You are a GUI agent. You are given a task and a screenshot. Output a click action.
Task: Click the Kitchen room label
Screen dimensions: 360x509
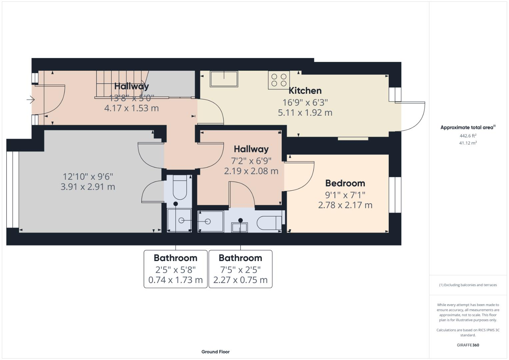coord(305,91)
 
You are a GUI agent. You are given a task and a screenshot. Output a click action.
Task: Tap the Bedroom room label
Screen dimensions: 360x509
coord(345,183)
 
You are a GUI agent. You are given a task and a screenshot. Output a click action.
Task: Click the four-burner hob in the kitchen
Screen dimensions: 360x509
coord(279,80)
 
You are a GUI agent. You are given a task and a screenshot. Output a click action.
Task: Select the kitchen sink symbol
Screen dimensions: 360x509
coord(224,79)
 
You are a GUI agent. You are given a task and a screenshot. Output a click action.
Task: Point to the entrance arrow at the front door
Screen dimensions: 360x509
coord(31,99)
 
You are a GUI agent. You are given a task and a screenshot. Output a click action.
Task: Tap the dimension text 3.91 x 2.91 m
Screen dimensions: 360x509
coord(88,187)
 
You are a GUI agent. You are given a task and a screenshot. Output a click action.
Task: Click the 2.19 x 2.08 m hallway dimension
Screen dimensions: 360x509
coord(251,171)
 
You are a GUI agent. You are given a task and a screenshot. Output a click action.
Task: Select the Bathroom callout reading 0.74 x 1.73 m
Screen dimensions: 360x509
coord(175,269)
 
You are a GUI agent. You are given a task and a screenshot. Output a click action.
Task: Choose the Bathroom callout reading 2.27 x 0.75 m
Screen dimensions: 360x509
coord(240,269)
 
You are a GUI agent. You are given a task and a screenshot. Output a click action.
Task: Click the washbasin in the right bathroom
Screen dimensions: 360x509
coord(240,227)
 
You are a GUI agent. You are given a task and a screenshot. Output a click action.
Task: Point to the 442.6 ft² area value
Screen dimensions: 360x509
coord(468,136)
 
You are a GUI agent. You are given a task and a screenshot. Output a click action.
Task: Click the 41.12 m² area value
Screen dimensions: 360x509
coord(468,143)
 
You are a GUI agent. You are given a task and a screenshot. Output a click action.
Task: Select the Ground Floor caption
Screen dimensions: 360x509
coord(215,352)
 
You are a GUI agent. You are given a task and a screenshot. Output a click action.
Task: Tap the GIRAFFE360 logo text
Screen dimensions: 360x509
coord(468,345)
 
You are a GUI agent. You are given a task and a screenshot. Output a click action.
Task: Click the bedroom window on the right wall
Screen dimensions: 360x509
coord(395,195)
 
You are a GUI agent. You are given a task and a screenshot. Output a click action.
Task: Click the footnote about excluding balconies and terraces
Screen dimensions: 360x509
coord(468,285)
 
